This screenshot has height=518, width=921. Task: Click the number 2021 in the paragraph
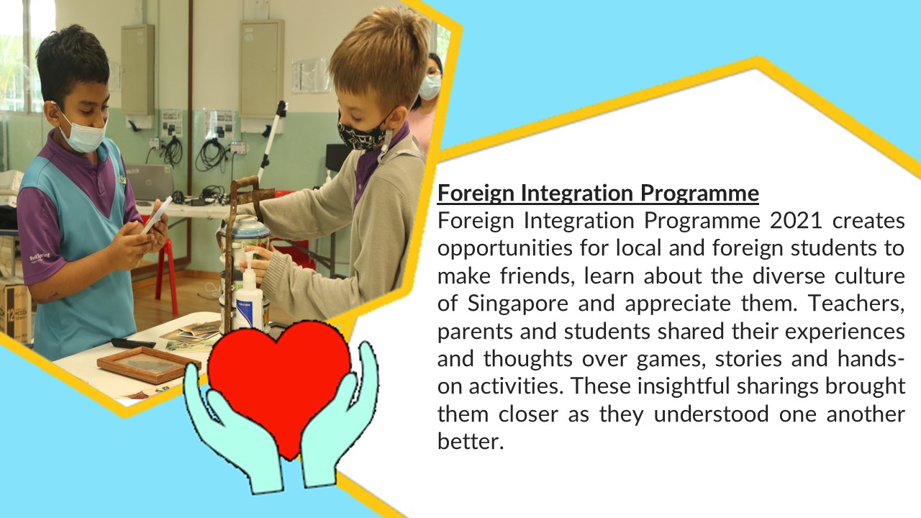point(796,220)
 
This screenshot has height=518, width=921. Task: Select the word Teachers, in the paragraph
point(856,304)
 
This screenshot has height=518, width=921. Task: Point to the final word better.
point(471,441)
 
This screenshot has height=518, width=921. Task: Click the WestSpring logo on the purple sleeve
point(40,258)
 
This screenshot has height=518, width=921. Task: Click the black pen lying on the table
point(134,343)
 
